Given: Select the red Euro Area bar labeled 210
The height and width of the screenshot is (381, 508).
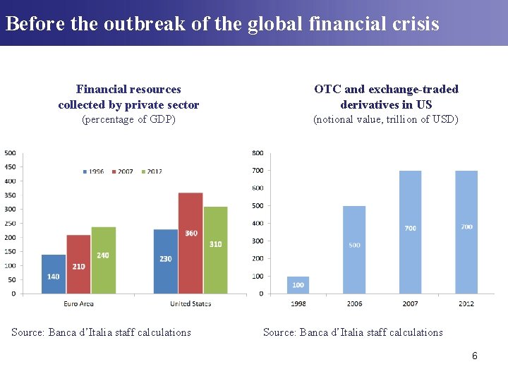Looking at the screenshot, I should click(78, 264).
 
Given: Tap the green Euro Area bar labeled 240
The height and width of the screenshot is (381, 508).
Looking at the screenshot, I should click(103, 260).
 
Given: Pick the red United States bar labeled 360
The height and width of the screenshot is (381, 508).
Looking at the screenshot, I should click(190, 243).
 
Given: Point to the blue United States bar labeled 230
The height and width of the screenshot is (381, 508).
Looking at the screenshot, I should click(165, 261).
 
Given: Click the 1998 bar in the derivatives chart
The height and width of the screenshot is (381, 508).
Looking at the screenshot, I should click(298, 285).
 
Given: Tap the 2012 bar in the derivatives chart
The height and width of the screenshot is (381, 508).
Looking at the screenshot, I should click(466, 232).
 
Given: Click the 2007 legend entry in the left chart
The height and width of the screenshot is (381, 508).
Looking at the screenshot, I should click(123, 171).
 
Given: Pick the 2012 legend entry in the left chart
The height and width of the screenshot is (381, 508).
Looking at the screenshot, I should click(152, 171).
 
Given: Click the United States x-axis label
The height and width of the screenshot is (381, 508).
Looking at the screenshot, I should click(190, 303).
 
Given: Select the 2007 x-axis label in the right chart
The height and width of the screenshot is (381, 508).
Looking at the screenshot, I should click(410, 303).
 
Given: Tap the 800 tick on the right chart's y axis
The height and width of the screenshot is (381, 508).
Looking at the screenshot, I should click(258, 153).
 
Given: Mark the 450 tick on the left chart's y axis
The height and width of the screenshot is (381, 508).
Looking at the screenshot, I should click(11, 167).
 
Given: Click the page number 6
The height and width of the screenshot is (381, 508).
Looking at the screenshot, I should click(475, 356).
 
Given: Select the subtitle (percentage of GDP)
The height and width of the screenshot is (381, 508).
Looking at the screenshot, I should click(128, 119).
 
